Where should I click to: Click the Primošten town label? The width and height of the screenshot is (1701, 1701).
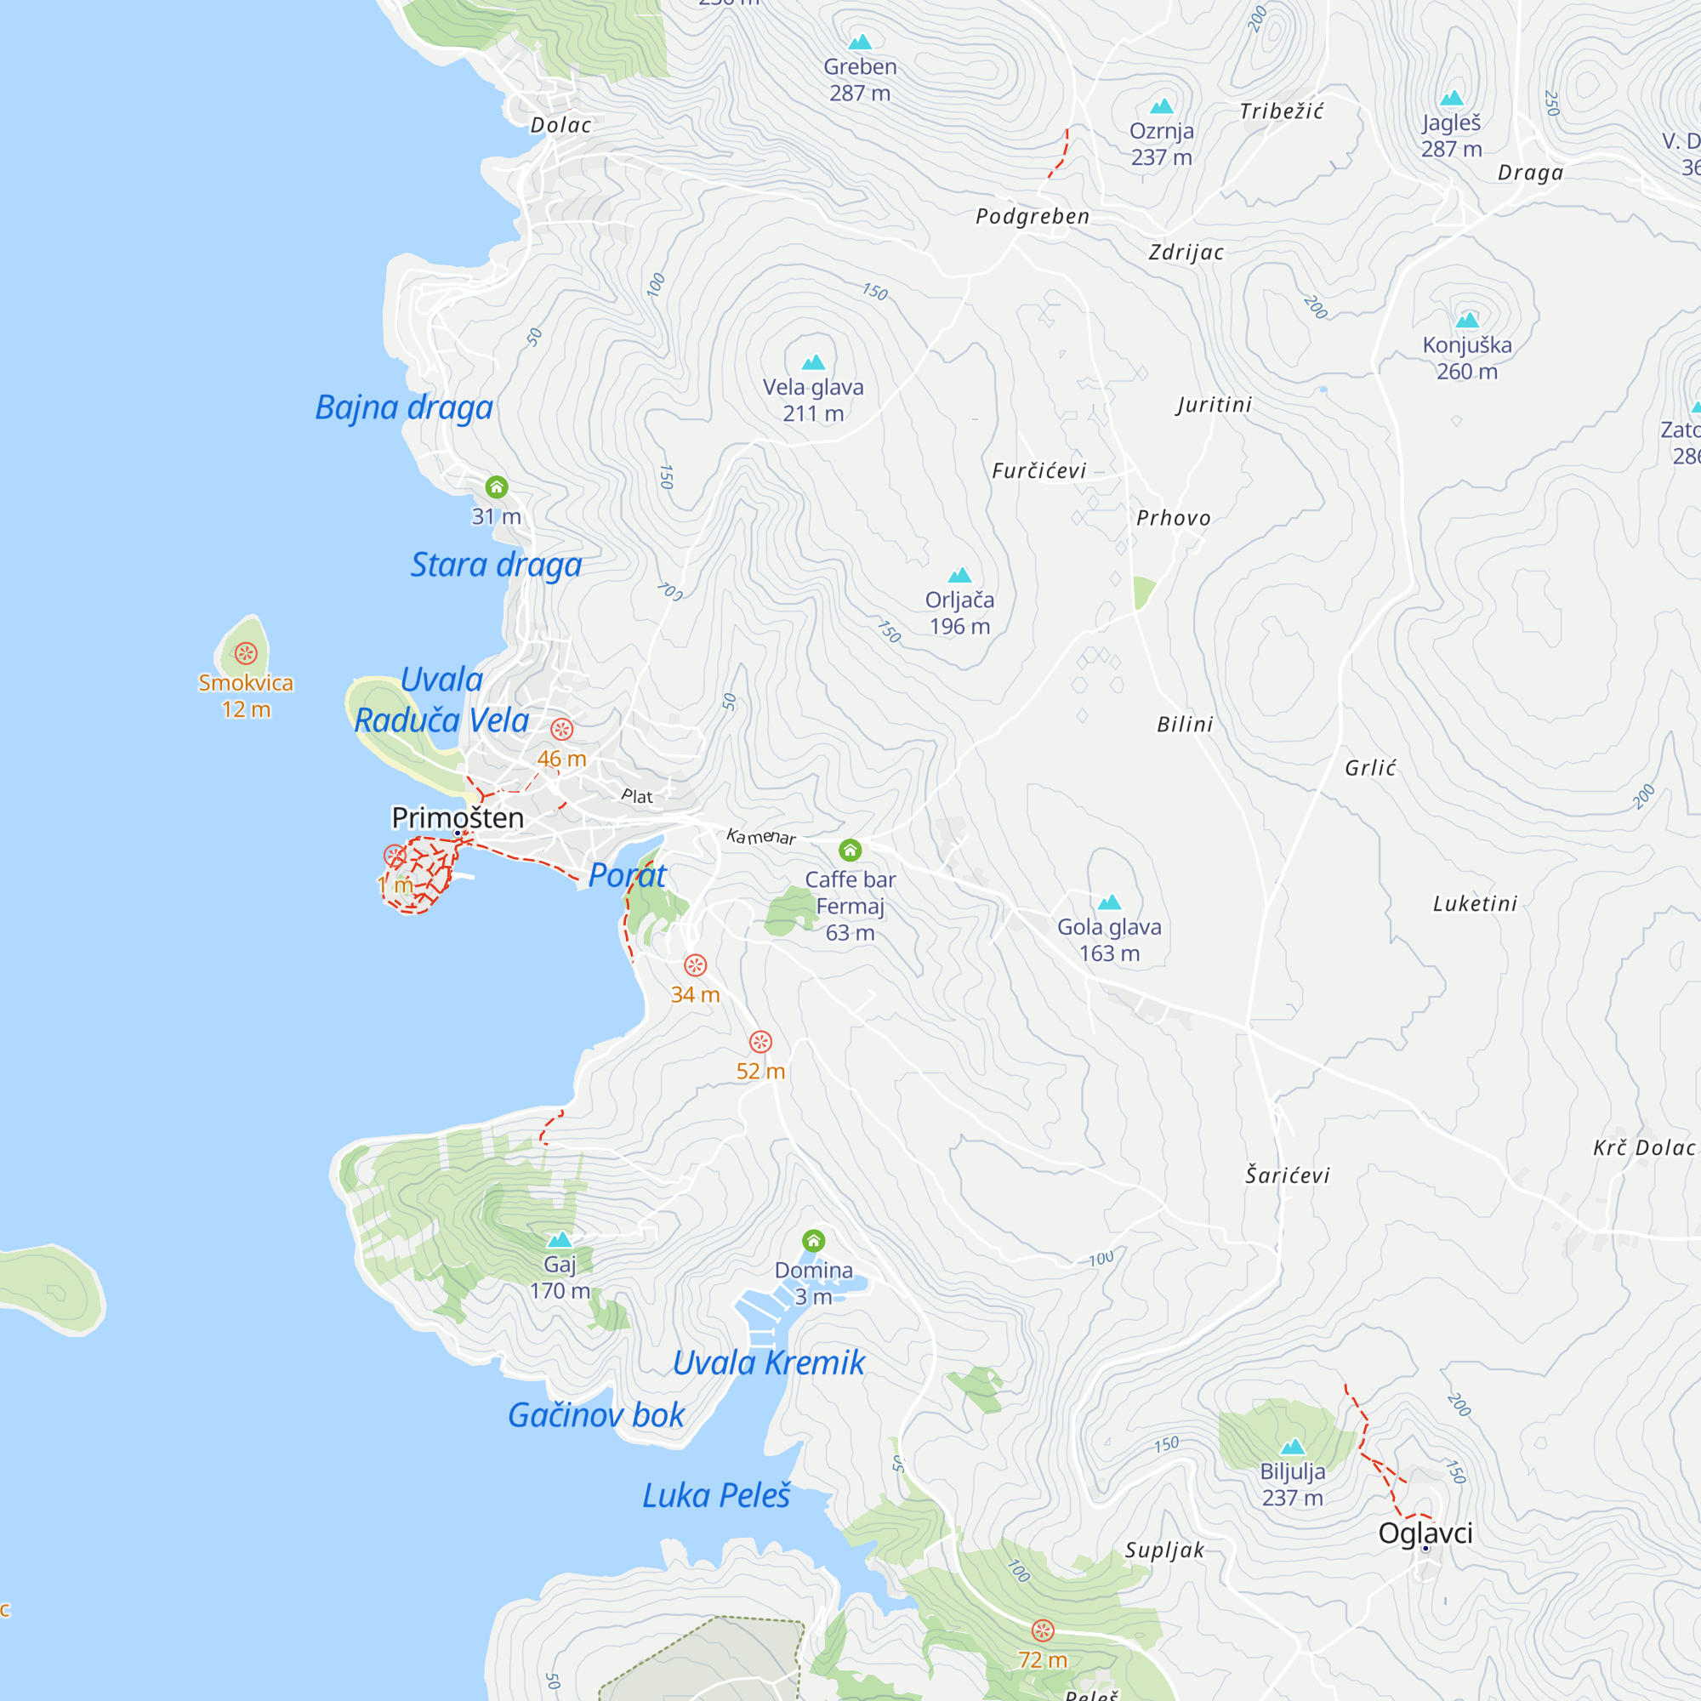point(457,818)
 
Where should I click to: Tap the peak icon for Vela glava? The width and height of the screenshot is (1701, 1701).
point(814,363)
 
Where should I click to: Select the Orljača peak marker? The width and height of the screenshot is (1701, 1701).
point(959,576)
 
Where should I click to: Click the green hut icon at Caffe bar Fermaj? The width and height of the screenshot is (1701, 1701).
point(850,850)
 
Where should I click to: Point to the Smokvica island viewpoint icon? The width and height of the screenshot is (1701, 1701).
point(246,653)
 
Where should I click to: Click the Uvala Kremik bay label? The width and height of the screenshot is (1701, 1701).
point(769,1363)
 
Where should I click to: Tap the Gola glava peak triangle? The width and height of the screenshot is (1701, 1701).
point(1109,902)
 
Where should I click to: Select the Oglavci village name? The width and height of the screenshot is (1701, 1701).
point(1425,1533)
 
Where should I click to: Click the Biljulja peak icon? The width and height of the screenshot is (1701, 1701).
point(1293,1447)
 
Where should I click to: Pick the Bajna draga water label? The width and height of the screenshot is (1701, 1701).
point(404,407)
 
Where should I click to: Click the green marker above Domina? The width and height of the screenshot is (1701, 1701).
point(814,1242)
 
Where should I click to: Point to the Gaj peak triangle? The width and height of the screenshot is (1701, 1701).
point(560,1241)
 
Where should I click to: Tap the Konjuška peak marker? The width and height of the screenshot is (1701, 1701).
point(1467,321)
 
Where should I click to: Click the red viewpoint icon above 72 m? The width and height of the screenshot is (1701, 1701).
point(1043,1630)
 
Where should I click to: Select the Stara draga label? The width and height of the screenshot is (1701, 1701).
point(497,566)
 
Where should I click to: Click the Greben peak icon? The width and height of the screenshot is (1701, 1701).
point(860,43)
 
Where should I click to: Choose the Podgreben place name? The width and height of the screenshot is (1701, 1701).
point(1032,217)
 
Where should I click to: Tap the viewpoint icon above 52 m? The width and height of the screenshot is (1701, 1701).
point(760,1043)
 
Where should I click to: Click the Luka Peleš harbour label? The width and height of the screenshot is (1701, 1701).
point(716,1496)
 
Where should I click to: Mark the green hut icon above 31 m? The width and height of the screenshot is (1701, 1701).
point(497,486)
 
